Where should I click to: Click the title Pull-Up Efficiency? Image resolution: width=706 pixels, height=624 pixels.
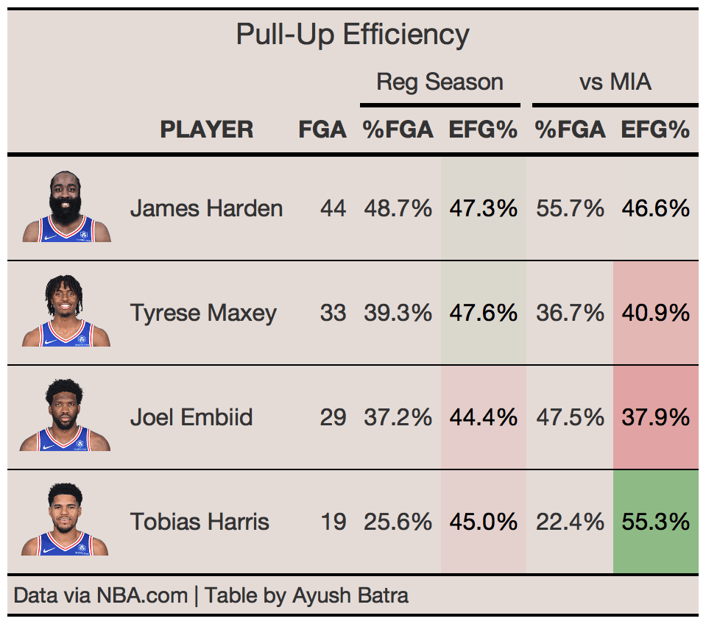(353, 35)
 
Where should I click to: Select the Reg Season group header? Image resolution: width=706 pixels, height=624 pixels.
(440, 82)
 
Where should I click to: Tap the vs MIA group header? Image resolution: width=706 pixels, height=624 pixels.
(615, 82)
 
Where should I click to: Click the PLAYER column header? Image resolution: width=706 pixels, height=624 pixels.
(207, 130)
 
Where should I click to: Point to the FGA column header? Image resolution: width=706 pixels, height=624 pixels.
(322, 130)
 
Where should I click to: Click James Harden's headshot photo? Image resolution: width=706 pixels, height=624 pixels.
(66, 208)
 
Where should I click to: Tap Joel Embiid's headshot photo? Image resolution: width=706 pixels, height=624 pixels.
(66, 416)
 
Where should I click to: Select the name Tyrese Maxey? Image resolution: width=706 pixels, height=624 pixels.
(203, 313)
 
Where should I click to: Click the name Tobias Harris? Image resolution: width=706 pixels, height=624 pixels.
(200, 522)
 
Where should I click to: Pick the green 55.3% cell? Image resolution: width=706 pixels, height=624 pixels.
(655, 522)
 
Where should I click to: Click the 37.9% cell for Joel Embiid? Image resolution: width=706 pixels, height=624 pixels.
(655, 417)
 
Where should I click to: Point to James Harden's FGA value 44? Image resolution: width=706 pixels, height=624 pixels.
(333, 208)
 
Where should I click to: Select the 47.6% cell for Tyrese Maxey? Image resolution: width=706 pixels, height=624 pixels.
(483, 313)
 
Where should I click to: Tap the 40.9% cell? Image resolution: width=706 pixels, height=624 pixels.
(655, 313)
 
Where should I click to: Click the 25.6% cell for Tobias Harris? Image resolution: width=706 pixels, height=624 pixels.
(398, 522)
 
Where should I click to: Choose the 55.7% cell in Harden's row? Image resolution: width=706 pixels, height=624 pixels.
(570, 208)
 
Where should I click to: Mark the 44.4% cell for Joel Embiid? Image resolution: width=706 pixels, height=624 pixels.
(483, 417)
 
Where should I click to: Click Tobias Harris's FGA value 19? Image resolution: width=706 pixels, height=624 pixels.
(333, 522)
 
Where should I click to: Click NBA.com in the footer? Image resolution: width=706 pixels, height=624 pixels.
(142, 595)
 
